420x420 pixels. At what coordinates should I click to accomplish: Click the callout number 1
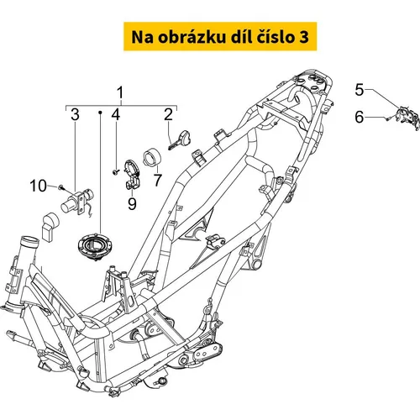(120, 93)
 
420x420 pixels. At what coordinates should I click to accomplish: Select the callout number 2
(168, 114)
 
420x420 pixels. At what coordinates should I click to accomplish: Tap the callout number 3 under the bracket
(75, 114)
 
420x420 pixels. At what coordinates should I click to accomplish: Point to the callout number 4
(115, 114)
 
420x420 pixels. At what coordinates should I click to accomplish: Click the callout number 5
(360, 90)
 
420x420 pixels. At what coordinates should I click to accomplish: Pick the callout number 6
(360, 117)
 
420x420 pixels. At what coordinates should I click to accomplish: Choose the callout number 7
(158, 180)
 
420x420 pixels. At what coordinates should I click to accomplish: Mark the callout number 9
(132, 203)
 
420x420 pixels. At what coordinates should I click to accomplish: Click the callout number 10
(38, 186)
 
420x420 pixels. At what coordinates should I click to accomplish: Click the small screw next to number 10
(61, 187)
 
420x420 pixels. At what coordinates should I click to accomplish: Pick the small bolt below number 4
(116, 171)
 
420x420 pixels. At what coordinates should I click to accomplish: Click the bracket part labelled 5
(407, 118)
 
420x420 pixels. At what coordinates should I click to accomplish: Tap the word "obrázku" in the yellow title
(190, 37)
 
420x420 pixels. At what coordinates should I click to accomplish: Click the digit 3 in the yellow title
(303, 37)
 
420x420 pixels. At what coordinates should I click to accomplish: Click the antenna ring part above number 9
(131, 174)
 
